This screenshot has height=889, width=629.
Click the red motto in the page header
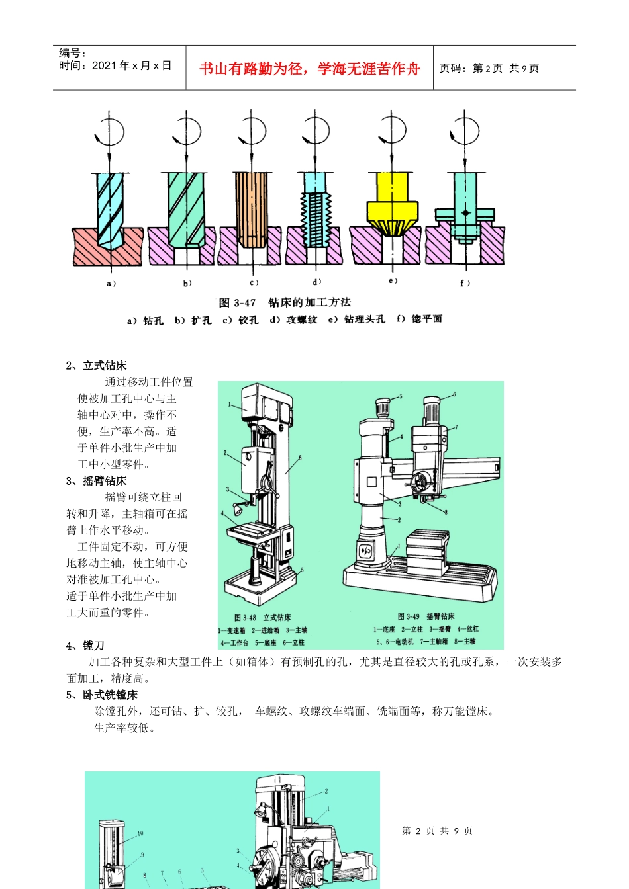pos(309,69)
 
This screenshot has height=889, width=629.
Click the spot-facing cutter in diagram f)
pos(465,213)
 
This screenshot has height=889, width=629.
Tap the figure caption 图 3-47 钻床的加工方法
pos(285,302)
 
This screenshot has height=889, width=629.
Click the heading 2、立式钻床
pos(97,366)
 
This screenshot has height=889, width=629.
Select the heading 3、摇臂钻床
pos(97,481)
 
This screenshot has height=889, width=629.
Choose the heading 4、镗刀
pos(85,646)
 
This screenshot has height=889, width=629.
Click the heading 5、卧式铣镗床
pos(102,695)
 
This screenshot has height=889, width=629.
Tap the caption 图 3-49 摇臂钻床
pos(426,616)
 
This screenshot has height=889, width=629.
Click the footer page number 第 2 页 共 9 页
pos(437,831)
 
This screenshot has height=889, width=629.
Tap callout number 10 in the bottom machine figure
pos(140,833)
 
